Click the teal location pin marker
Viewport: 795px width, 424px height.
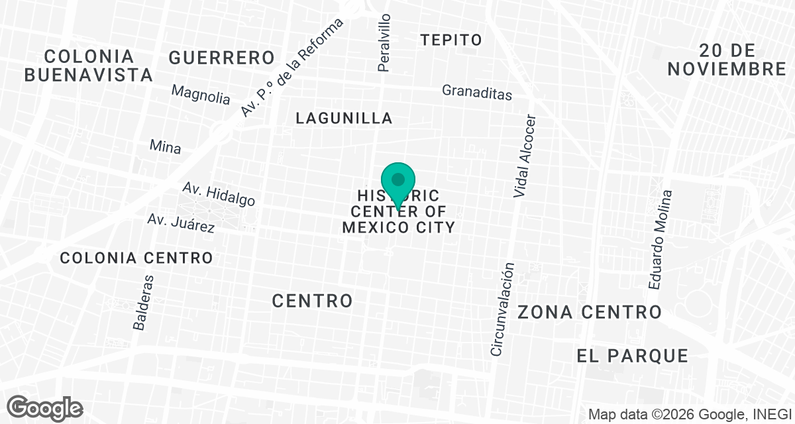[398, 183]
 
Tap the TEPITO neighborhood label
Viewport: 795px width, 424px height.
[451, 40]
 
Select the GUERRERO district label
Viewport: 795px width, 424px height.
[221, 58]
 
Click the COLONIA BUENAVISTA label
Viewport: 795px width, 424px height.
[89, 65]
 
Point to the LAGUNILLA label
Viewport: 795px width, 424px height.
[344, 119]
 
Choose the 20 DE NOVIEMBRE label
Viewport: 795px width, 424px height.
[726, 60]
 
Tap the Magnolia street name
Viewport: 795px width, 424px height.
[201, 94]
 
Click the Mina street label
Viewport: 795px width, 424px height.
[165, 146]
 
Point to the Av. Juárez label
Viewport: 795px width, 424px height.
[181, 223]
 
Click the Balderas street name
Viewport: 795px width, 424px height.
[144, 302]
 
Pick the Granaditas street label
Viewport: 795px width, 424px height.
[477, 92]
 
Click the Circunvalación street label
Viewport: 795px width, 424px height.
[502, 309]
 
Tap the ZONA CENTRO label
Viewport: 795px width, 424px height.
[590, 312]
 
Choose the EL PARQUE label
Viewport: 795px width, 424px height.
[633, 356]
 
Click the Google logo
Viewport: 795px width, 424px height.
[45, 407]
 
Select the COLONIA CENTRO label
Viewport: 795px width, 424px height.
[136, 258]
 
